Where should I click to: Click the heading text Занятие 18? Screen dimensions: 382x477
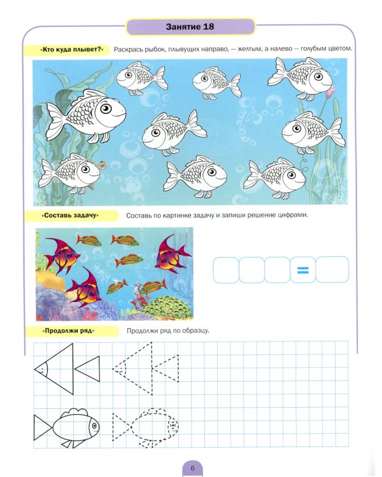(x=190, y=27)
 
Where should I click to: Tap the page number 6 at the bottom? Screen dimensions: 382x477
(x=192, y=468)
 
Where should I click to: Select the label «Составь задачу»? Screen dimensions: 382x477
(x=71, y=216)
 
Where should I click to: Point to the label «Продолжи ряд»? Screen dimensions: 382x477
(x=68, y=331)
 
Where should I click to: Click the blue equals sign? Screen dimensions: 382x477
(x=302, y=270)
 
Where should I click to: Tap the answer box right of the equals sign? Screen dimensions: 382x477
(x=332, y=270)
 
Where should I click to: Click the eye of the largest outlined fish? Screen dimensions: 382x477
(x=106, y=109)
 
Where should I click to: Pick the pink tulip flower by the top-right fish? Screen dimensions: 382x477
(x=330, y=92)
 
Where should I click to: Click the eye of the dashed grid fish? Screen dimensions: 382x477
(x=173, y=425)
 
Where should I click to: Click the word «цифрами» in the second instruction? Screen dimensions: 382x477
(x=293, y=215)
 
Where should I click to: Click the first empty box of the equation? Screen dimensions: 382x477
(x=226, y=270)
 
